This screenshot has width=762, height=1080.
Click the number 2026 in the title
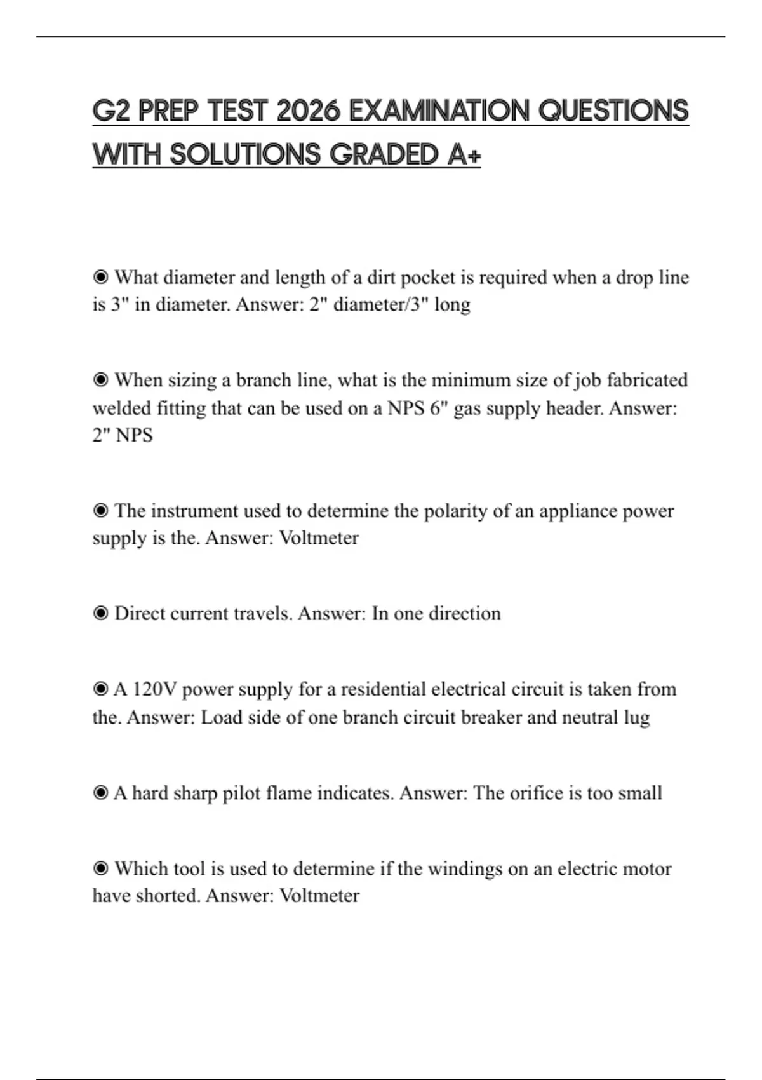pyautogui.click(x=309, y=111)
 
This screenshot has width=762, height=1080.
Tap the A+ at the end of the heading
pyautogui.click(x=464, y=154)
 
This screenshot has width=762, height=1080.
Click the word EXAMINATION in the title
pyautogui.click(x=439, y=111)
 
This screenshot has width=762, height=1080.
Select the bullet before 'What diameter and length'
pyautogui.click(x=100, y=277)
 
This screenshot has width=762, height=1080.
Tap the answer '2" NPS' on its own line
pyautogui.click(x=123, y=435)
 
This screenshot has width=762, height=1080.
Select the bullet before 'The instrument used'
pyautogui.click(x=100, y=511)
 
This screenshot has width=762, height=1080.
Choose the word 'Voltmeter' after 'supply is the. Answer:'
pyautogui.click(x=319, y=538)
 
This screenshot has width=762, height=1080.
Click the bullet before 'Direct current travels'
pyautogui.click(x=100, y=614)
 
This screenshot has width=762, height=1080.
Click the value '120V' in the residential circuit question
pyautogui.click(x=154, y=689)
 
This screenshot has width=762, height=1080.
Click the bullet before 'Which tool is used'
pyautogui.click(x=100, y=868)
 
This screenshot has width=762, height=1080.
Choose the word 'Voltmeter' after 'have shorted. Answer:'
pyautogui.click(x=319, y=896)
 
